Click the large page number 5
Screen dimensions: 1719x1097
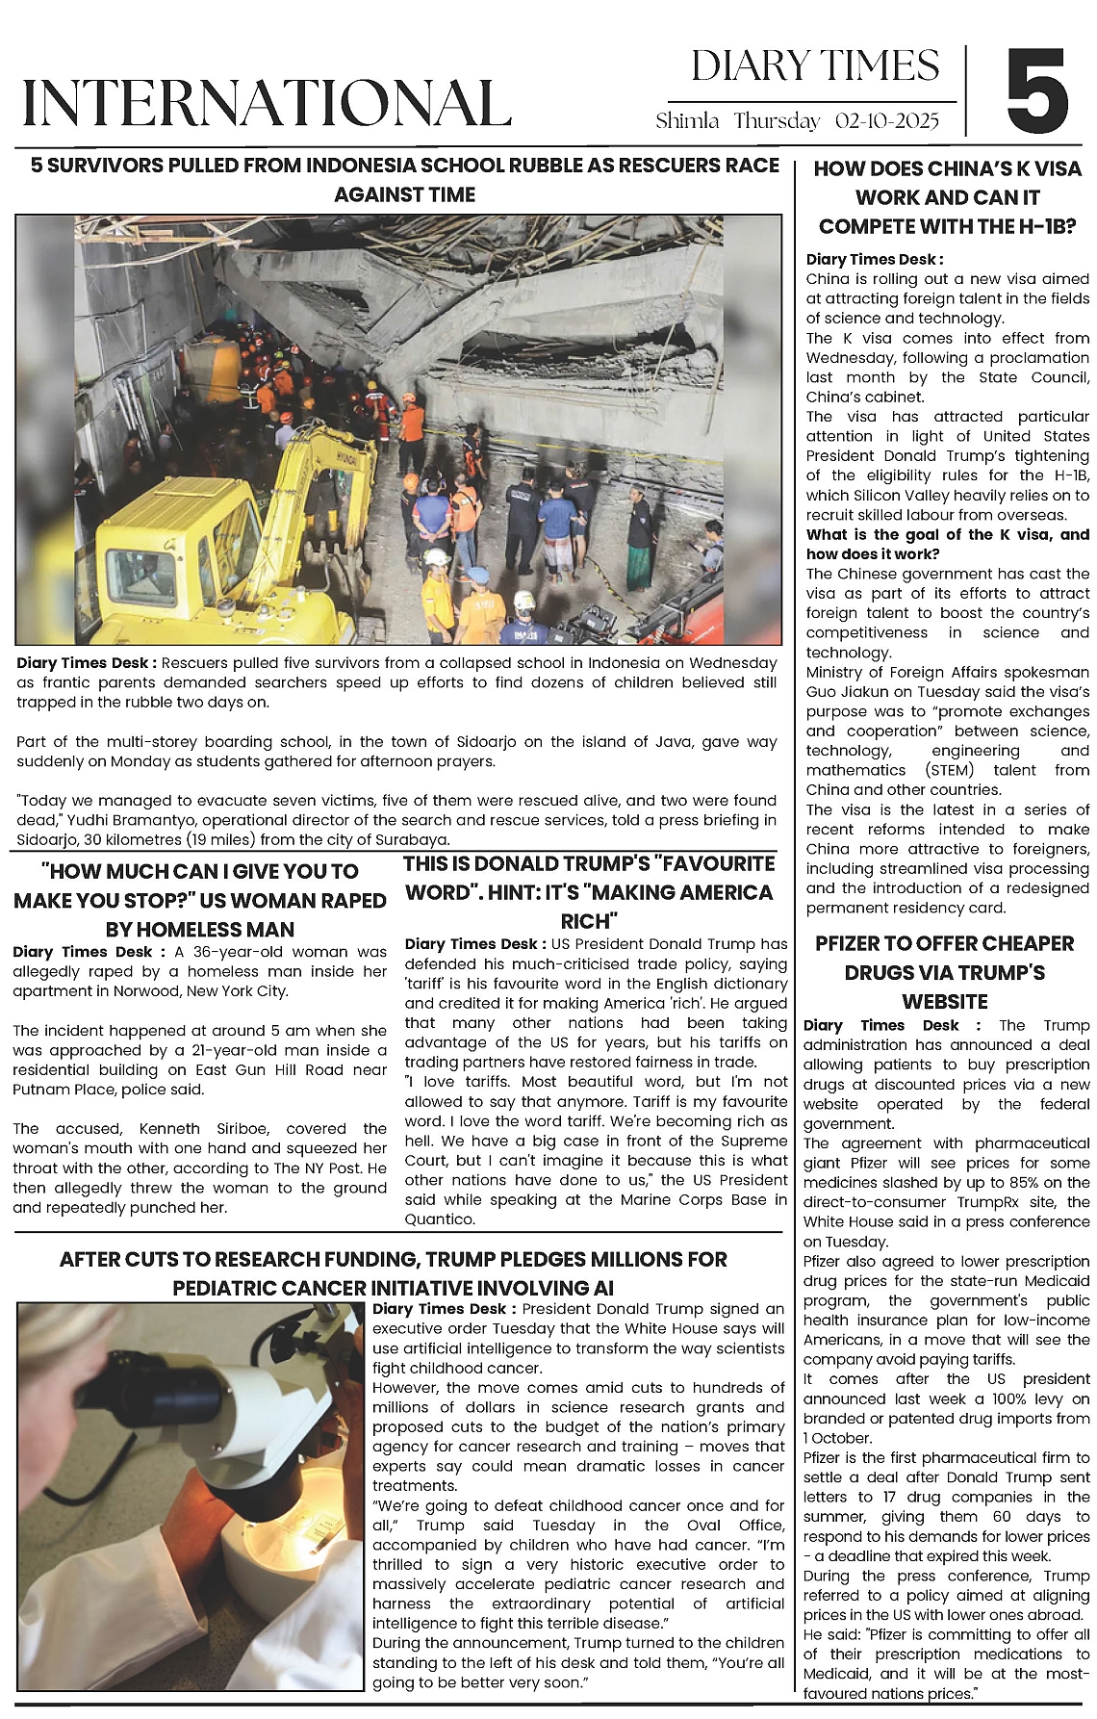click(1037, 92)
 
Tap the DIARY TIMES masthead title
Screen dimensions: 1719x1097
click(815, 66)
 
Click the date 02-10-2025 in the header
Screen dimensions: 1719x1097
click(886, 121)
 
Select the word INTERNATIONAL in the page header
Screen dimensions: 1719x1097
click(267, 102)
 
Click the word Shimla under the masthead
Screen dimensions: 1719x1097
click(687, 121)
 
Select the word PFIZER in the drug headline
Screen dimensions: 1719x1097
click(853, 943)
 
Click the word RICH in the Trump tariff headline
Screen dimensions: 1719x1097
click(589, 921)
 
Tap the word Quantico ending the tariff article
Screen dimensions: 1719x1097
click(439, 1219)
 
